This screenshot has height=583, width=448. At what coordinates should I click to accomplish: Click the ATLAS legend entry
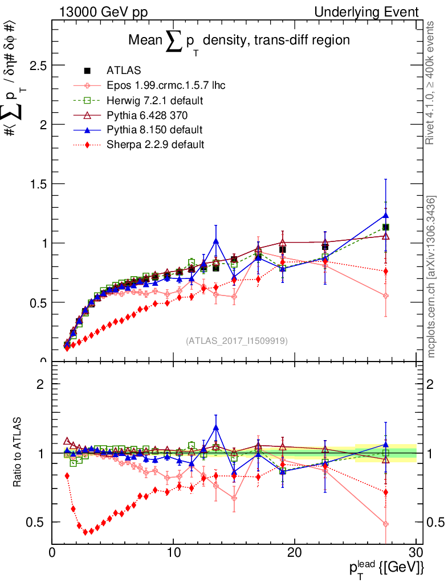coord(120,71)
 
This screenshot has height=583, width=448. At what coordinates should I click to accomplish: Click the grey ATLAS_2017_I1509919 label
coord(237,340)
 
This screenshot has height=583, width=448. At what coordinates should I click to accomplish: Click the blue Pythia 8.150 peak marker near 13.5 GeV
coord(216,241)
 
